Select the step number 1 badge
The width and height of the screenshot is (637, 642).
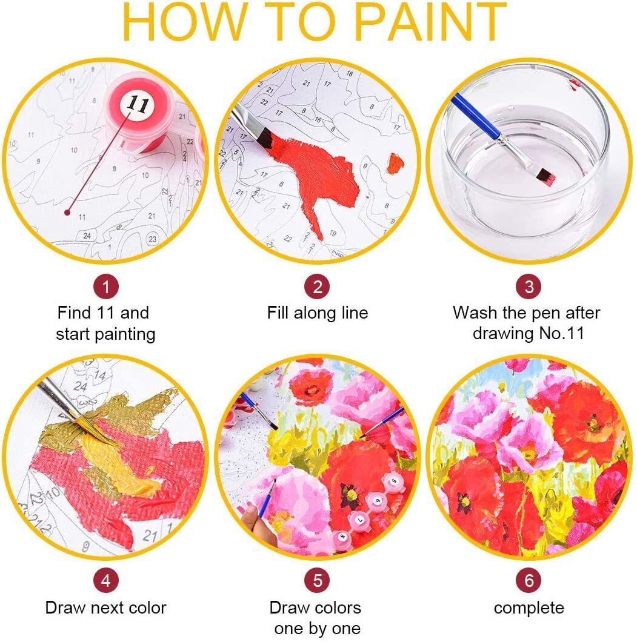[x=105, y=287]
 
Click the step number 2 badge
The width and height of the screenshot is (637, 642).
[x=318, y=287]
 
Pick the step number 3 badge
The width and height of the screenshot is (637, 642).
[x=529, y=287]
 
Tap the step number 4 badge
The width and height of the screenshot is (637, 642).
[x=105, y=580]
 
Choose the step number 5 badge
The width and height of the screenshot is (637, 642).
[x=318, y=580]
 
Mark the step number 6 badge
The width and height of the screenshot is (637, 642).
[x=529, y=580]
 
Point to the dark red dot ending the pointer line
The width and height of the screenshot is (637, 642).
[x=67, y=212]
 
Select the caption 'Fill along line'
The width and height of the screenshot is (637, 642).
[x=318, y=313]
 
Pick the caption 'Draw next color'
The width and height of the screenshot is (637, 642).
[x=105, y=607]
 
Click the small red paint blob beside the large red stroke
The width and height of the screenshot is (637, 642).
[x=395, y=162]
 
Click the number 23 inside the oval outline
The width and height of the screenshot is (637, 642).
[x=152, y=239]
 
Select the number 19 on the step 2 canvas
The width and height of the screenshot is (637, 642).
[x=332, y=233]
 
